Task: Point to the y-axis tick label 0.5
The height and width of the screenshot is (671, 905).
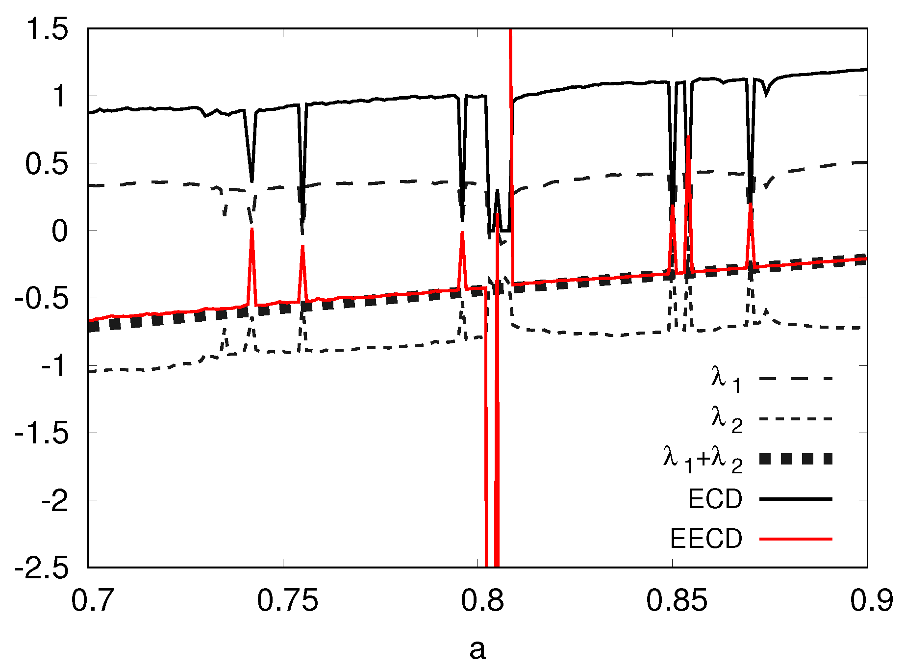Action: (x=47, y=164)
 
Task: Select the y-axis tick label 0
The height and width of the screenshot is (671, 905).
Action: (x=60, y=231)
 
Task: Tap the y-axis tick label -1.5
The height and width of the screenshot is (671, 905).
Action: (x=42, y=434)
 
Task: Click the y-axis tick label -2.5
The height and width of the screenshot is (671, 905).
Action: (x=42, y=568)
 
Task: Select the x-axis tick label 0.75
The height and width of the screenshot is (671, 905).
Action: (x=288, y=600)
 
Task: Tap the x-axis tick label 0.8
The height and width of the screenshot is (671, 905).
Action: (x=482, y=600)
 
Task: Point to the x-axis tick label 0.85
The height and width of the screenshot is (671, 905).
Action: (x=677, y=600)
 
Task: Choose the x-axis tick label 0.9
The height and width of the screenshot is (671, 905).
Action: (x=872, y=600)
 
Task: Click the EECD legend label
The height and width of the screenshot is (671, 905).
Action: (x=706, y=539)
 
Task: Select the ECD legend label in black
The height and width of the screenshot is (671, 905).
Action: (x=715, y=499)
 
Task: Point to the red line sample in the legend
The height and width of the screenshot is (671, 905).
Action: (x=796, y=539)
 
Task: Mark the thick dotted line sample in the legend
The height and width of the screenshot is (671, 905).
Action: (x=796, y=459)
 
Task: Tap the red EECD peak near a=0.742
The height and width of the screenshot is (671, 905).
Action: (x=251, y=230)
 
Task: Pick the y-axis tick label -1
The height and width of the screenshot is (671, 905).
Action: (x=53, y=366)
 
